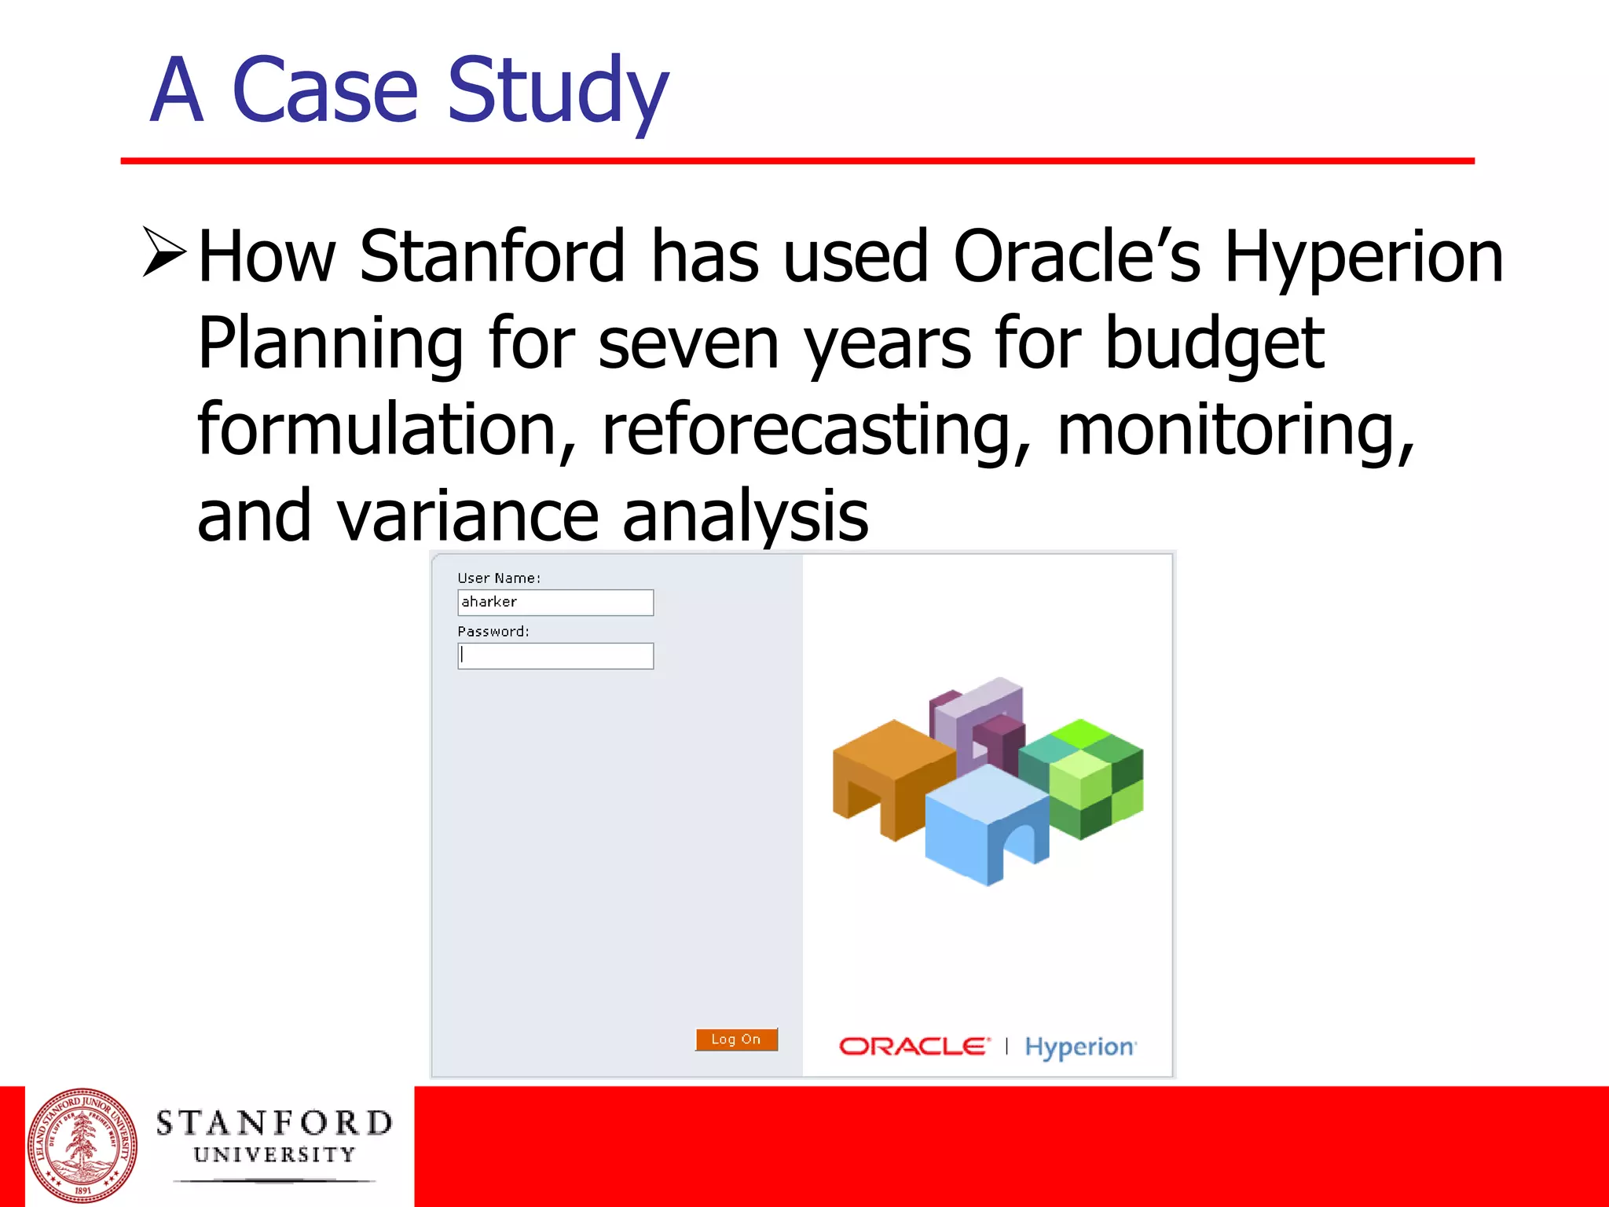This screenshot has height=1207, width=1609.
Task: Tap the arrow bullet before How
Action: [x=165, y=252]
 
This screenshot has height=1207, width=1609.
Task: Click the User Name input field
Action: [x=555, y=603]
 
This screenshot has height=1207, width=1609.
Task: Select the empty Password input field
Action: [x=555, y=656]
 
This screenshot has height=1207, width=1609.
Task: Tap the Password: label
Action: [x=493, y=631]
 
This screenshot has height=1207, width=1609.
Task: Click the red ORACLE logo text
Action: [x=913, y=1047]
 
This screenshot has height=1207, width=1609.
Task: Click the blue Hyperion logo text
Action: [x=1079, y=1047]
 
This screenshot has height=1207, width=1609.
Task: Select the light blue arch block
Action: [x=986, y=821]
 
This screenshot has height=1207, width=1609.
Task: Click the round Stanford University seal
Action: [x=82, y=1146]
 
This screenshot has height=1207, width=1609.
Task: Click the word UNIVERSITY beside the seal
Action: [x=274, y=1154]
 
